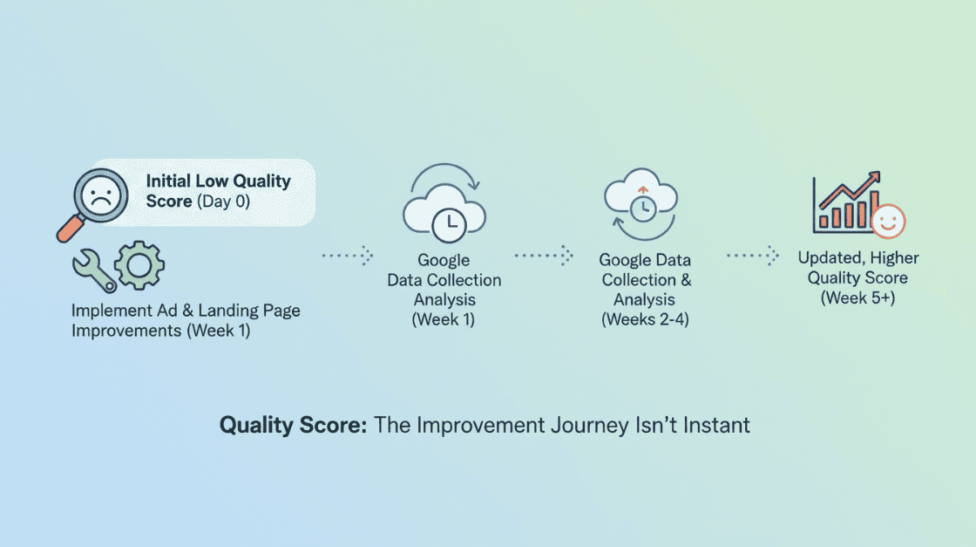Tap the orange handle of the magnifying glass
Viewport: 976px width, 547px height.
pyautogui.click(x=70, y=229)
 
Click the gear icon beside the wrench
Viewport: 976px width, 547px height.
pyautogui.click(x=139, y=265)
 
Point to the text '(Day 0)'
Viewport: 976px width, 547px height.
pyautogui.click(x=223, y=202)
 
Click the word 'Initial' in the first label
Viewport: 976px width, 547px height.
pyautogui.click(x=168, y=181)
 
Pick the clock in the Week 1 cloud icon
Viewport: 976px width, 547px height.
pyautogui.click(x=449, y=225)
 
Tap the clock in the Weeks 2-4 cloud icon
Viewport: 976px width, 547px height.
pyautogui.click(x=643, y=209)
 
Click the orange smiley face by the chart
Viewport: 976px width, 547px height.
pyautogui.click(x=888, y=222)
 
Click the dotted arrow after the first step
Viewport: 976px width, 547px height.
pyautogui.click(x=348, y=256)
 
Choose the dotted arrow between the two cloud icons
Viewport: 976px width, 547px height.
pyautogui.click(x=544, y=256)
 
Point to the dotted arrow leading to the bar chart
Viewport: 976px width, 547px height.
pyautogui.click(x=753, y=256)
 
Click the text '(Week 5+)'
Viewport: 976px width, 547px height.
pyautogui.click(x=857, y=297)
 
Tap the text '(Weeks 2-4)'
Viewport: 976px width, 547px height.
pyautogui.click(x=645, y=319)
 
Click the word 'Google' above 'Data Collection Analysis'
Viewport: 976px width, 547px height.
pyautogui.click(x=444, y=260)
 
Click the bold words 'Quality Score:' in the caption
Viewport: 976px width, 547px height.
pyautogui.click(x=293, y=425)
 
